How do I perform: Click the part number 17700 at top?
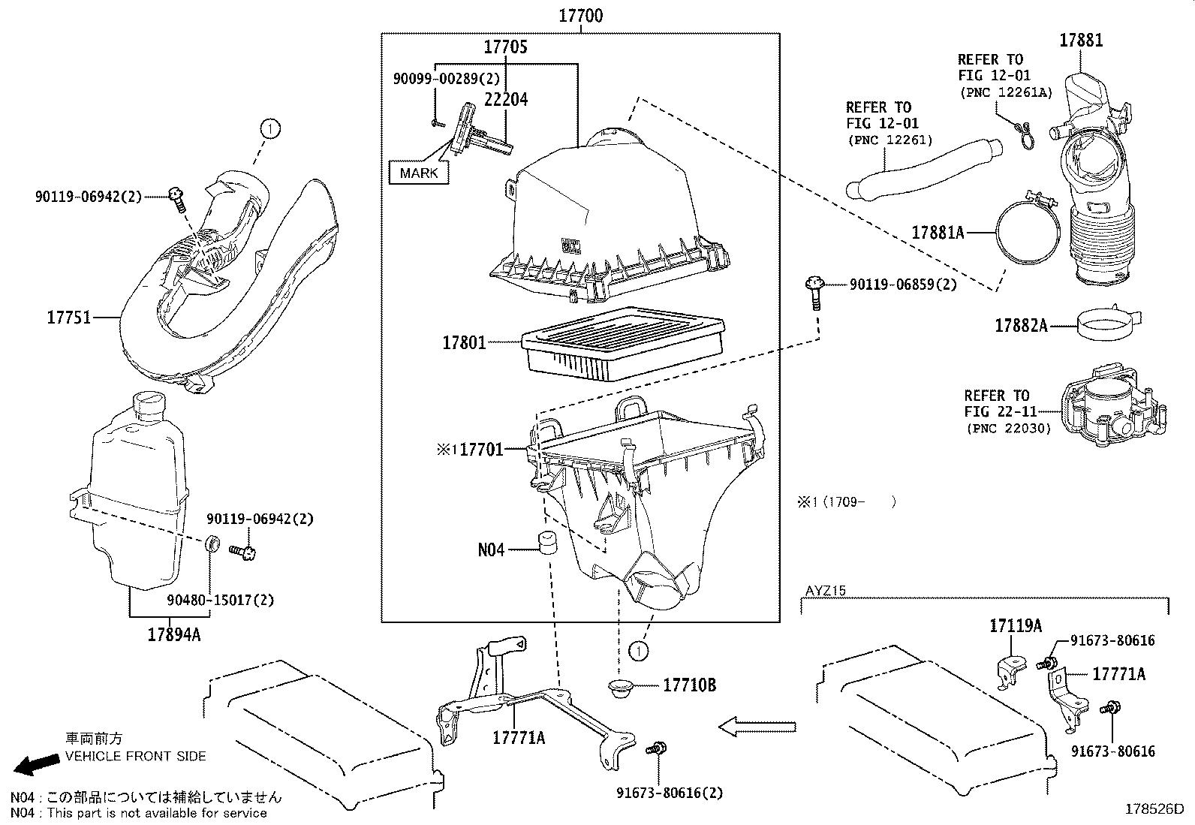coord(580,15)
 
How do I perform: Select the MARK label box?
coord(418,173)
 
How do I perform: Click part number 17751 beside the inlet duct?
coord(69,318)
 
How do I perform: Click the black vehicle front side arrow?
coord(36,764)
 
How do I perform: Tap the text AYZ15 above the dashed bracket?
coord(825,590)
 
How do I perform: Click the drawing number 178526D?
coord(1153,809)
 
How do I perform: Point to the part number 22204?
coord(505,99)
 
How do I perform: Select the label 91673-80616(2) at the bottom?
coord(670,793)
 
